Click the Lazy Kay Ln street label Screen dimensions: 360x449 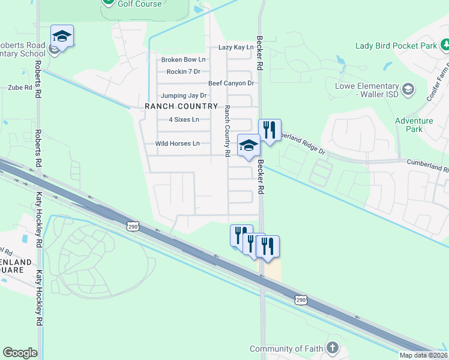tap(236, 47)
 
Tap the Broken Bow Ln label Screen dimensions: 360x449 tap(183, 59)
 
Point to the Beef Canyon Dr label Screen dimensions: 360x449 tap(231, 83)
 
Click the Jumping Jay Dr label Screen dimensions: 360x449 tap(184, 95)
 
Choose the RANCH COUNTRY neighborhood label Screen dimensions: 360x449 tap(181, 106)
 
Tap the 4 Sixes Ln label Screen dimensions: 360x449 tap(184, 119)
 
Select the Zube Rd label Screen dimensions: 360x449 tap(20, 88)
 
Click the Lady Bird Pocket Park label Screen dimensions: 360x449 tap(396, 46)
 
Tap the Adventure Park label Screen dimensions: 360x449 tap(414, 125)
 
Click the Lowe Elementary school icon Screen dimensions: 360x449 tap(408, 89)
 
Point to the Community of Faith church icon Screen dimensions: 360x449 tap(332, 348)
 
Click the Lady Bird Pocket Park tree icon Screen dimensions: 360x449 tap(445, 45)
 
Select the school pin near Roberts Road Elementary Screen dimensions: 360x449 tap(62, 36)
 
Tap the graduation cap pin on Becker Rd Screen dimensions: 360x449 tap(249, 145)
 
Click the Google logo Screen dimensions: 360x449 tap(20, 353)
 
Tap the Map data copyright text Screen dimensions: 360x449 tap(423, 355)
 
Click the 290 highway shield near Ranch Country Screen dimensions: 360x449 tap(133, 226)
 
